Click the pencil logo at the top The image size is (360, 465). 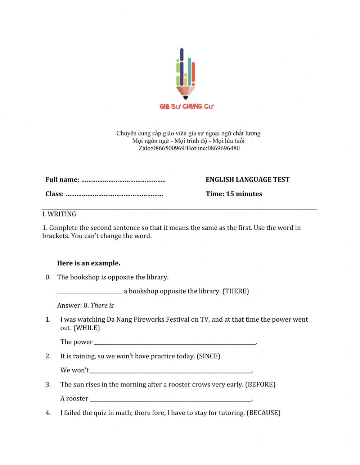185,74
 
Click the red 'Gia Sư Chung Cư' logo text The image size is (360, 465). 186,106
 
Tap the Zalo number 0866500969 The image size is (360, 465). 168,148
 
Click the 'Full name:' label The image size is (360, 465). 62,180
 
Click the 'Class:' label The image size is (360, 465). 54,194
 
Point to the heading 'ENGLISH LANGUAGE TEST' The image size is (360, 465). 247,180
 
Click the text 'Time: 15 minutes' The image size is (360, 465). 234,194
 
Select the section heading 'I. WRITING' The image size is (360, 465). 59,214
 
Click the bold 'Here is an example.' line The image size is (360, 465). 89,263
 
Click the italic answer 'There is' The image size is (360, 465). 102,306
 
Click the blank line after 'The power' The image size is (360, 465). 175,343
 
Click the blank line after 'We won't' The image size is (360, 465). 171,371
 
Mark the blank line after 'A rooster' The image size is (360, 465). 171,399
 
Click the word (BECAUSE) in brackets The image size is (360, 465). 263,413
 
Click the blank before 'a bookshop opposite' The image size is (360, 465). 90,292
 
